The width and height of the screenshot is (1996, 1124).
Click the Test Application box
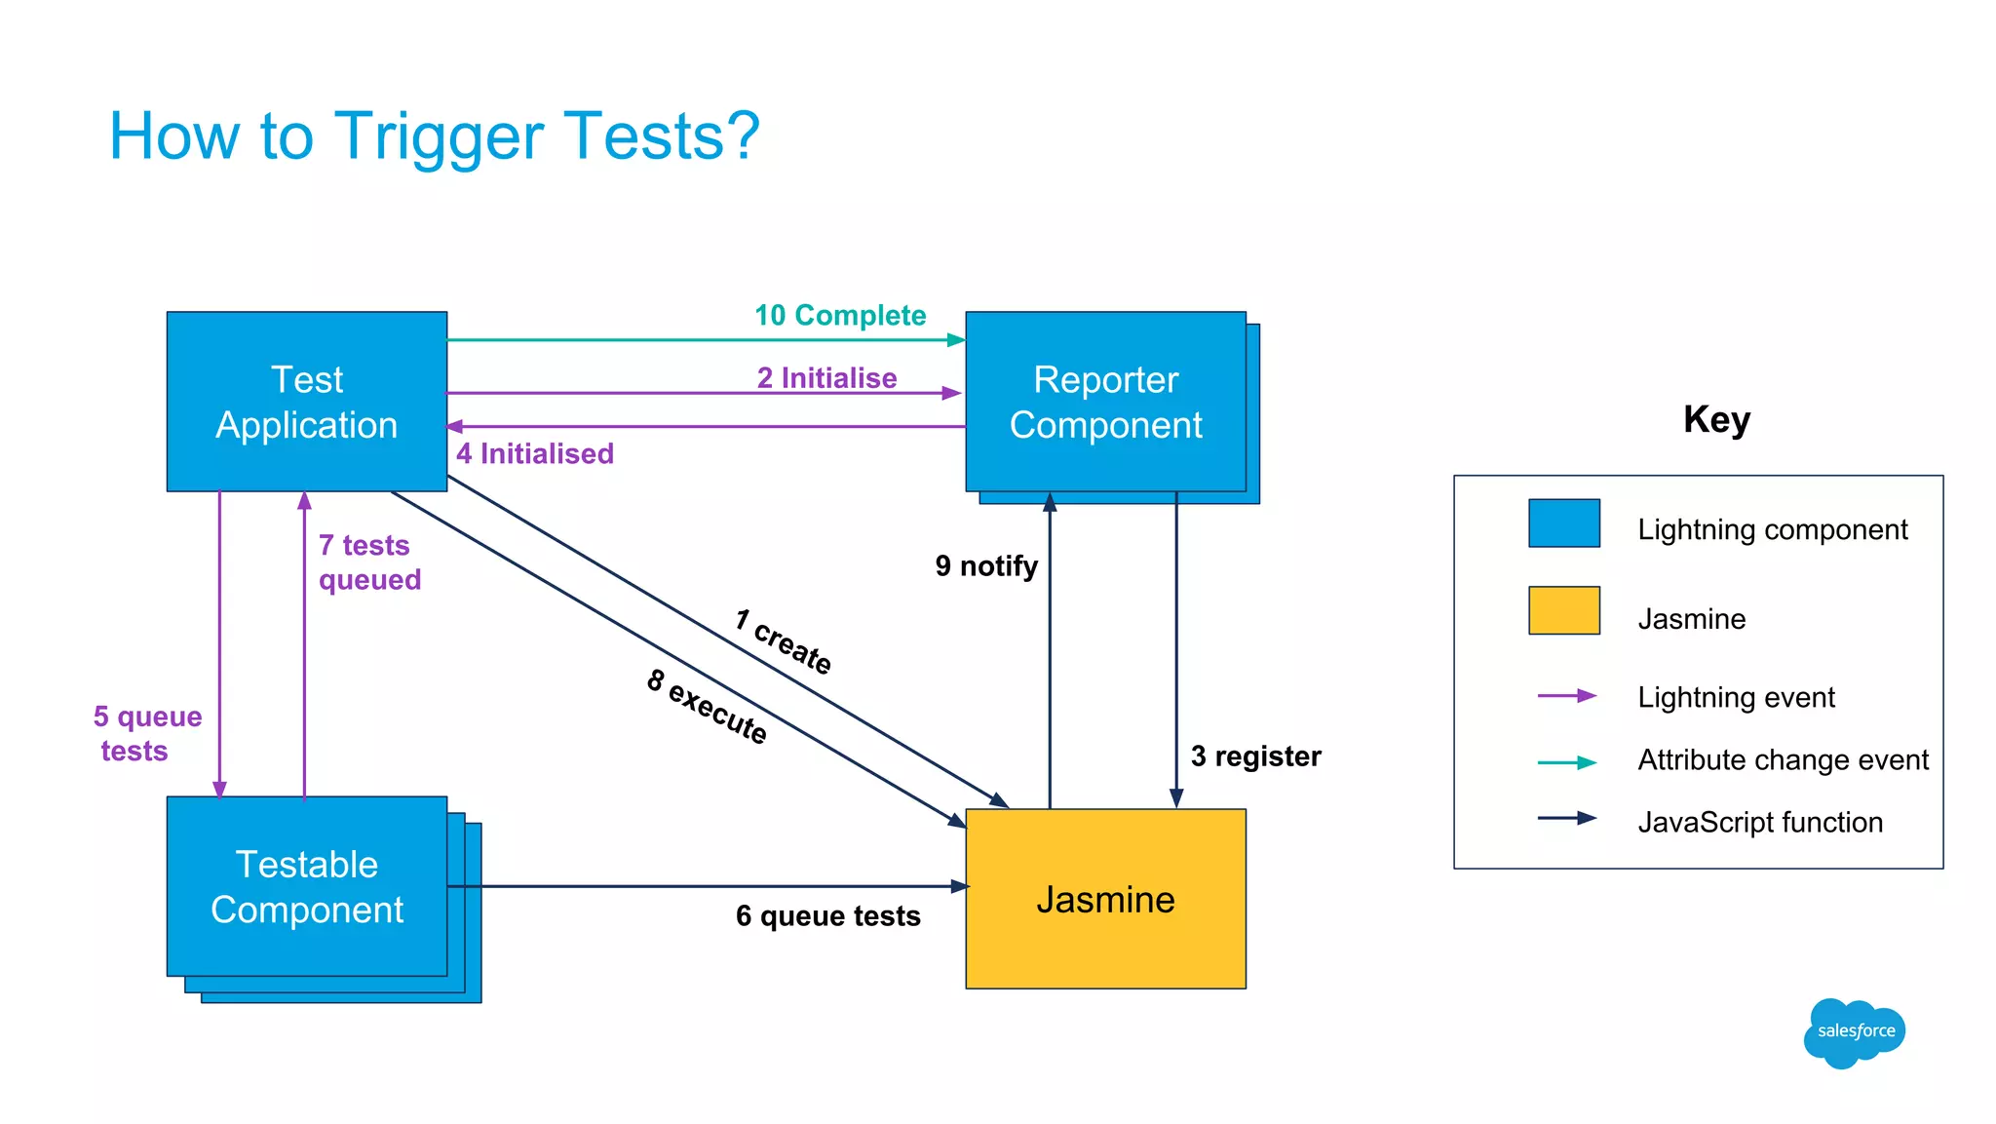[306, 402]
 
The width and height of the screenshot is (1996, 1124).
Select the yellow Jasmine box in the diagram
[1105, 899]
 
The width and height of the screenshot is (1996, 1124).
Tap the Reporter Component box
[1105, 402]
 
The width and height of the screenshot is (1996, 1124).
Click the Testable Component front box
[306, 886]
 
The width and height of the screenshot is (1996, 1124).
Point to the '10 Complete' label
[839, 315]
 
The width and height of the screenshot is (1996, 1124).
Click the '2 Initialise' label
[826, 377]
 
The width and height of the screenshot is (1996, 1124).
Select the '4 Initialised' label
[535, 453]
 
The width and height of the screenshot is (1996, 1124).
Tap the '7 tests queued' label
[368, 562]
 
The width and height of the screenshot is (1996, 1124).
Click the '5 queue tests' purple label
[146, 733]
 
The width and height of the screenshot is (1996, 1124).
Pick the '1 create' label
[783, 641]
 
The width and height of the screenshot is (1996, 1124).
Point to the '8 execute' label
[708, 707]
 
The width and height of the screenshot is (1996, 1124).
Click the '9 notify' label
[985, 565]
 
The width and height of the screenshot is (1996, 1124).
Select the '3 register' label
[1255, 756]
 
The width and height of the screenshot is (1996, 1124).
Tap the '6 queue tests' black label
[827, 915]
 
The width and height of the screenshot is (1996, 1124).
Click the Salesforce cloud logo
[1854, 1032]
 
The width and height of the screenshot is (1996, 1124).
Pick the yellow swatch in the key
[1563, 610]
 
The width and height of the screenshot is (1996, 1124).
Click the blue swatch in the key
[1563, 523]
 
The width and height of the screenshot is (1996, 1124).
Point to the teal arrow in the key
[1566, 762]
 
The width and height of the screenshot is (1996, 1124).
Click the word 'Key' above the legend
[1716, 419]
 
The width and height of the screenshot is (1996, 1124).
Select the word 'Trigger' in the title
[439, 136]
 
